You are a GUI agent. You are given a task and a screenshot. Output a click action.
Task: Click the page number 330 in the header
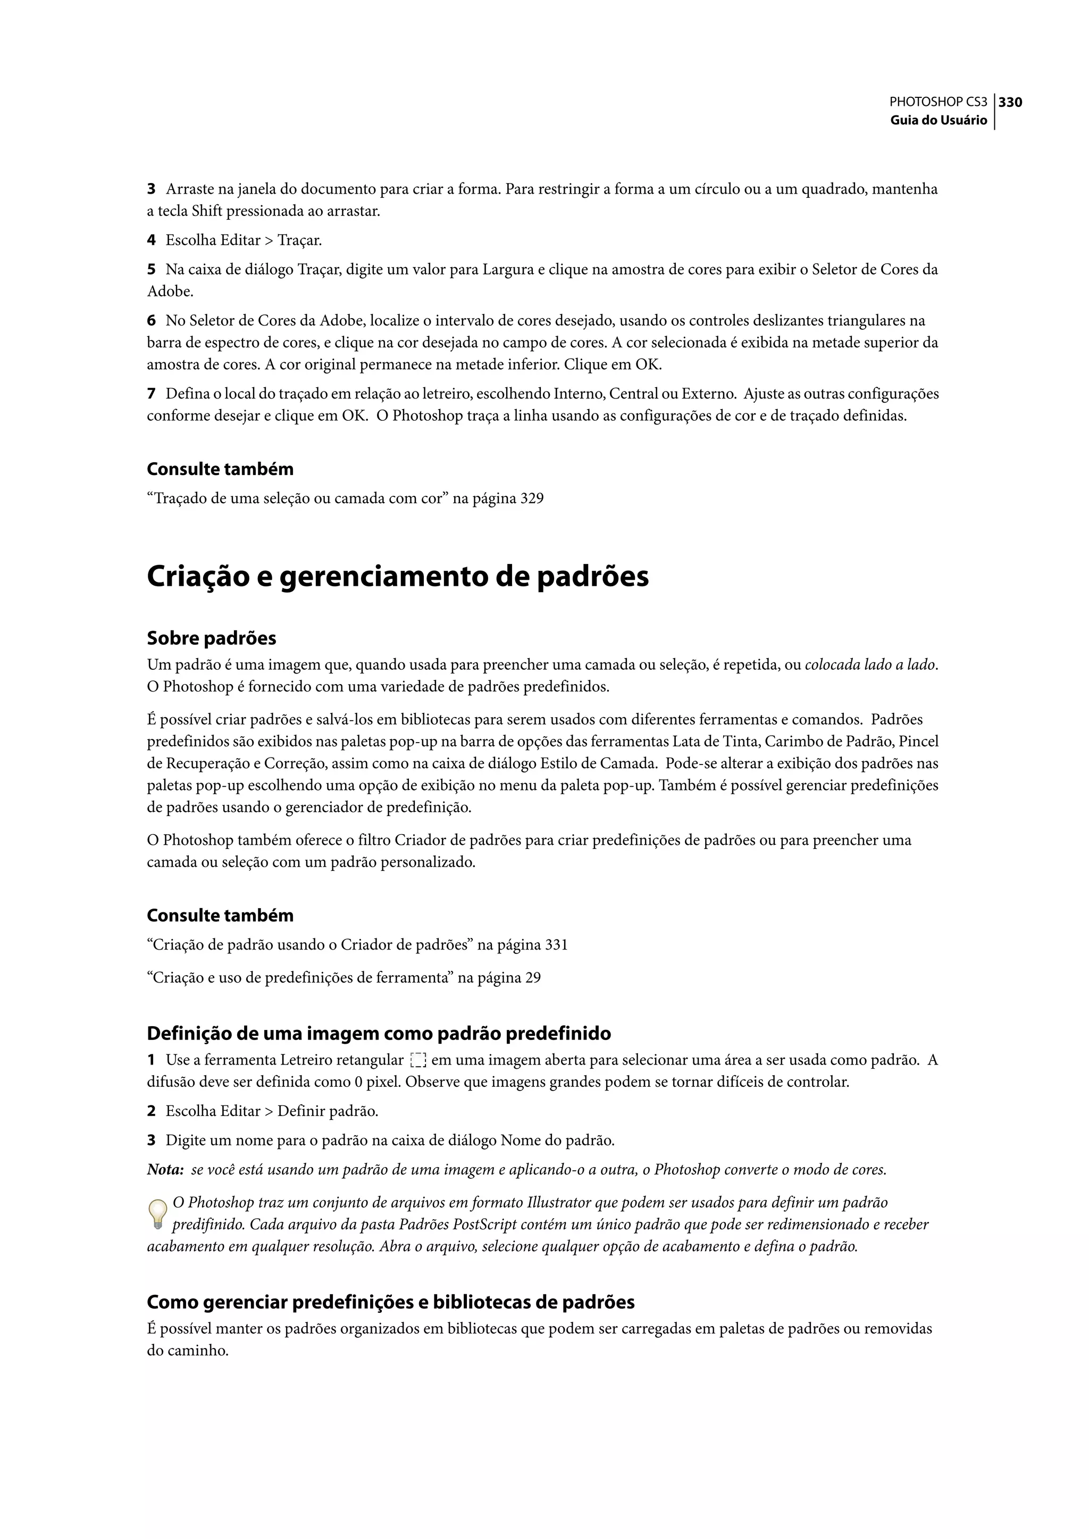(x=1010, y=102)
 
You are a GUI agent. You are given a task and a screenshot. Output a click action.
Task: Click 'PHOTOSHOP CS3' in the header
(x=937, y=102)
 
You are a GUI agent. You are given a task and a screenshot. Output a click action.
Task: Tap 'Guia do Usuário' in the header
(x=938, y=120)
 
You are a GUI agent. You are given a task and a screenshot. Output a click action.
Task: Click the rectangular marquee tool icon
(x=417, y=1061)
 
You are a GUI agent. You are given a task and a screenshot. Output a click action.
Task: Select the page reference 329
(x=532, y=498)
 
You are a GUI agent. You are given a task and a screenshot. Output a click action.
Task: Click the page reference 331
(x=556, y=945)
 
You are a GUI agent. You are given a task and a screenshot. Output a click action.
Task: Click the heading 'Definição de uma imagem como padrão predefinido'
(x=379, y=1033)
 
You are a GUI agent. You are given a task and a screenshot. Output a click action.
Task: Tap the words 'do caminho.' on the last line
(x=188, y=1351)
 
